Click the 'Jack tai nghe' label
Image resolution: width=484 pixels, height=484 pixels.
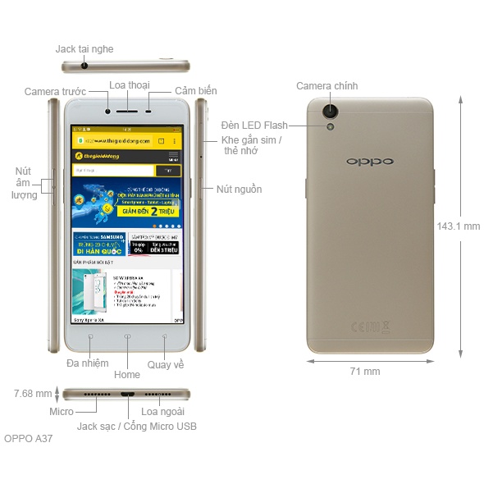[84, 49]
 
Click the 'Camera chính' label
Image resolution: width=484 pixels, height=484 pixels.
[326, 86]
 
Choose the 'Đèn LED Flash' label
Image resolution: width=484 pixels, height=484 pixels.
[254, 126]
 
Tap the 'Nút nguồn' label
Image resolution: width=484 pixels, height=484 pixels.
[239, 189]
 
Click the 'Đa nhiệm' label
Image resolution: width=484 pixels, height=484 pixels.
[88, 363]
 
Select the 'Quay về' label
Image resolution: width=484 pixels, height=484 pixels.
[166, 364]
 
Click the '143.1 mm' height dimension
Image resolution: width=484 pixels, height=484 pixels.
[458, 226]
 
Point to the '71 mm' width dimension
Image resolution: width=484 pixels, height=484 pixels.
[365, 372]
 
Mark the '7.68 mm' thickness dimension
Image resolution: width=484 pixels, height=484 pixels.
[33, 394]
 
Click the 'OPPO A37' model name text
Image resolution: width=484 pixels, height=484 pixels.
[29, 439]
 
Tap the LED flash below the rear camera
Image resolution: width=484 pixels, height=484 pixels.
[331, 126]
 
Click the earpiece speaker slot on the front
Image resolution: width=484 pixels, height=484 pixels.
[129, 111]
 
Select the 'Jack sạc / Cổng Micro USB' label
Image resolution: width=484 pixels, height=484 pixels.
[136, 427]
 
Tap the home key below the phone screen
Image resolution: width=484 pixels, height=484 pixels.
[127, 336]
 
